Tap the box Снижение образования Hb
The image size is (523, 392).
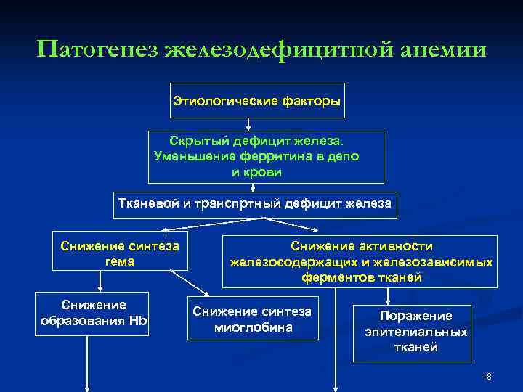click(93, 313)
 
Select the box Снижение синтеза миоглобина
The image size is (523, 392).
click(252, 319)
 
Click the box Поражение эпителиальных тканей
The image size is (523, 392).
click(416, 331)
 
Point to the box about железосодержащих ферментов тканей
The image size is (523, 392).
click(361, 261)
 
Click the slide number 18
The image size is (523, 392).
click(487, 376)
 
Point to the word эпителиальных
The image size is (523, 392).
click(416, 332)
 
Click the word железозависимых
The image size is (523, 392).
click(443, 261)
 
